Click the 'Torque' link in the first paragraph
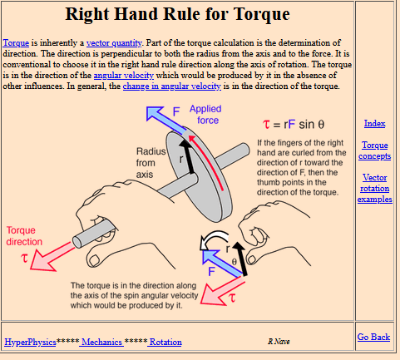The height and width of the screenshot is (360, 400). tap(16, 43)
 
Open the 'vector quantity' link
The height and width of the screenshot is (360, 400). tap(114, 43)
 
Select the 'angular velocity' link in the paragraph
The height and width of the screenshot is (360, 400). tap(124, 76)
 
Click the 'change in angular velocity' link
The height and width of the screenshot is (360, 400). tap(172, 86)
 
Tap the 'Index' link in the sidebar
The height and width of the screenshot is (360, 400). tap(374, 123)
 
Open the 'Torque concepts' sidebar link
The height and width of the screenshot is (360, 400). tap(375, 150)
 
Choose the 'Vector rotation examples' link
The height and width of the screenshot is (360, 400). tap(375, 188)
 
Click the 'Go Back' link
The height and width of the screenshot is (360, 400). tap(373, 337)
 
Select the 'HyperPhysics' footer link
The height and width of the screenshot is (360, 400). tap(30, 342)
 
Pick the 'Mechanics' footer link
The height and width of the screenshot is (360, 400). tap(101, 342)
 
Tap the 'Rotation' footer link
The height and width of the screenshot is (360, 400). tap(165, 342)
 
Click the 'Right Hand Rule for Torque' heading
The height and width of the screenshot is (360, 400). tap(177, 14)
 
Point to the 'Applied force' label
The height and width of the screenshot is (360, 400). tap(205, 115)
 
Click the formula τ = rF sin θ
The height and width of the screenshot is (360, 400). tap(294, 124)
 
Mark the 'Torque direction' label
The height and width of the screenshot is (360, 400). tap(24, 236)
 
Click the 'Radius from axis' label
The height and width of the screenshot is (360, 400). tap(151, 163)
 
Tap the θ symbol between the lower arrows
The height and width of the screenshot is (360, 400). tap(234, 262)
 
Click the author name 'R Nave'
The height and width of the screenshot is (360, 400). tap(279, 342)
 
